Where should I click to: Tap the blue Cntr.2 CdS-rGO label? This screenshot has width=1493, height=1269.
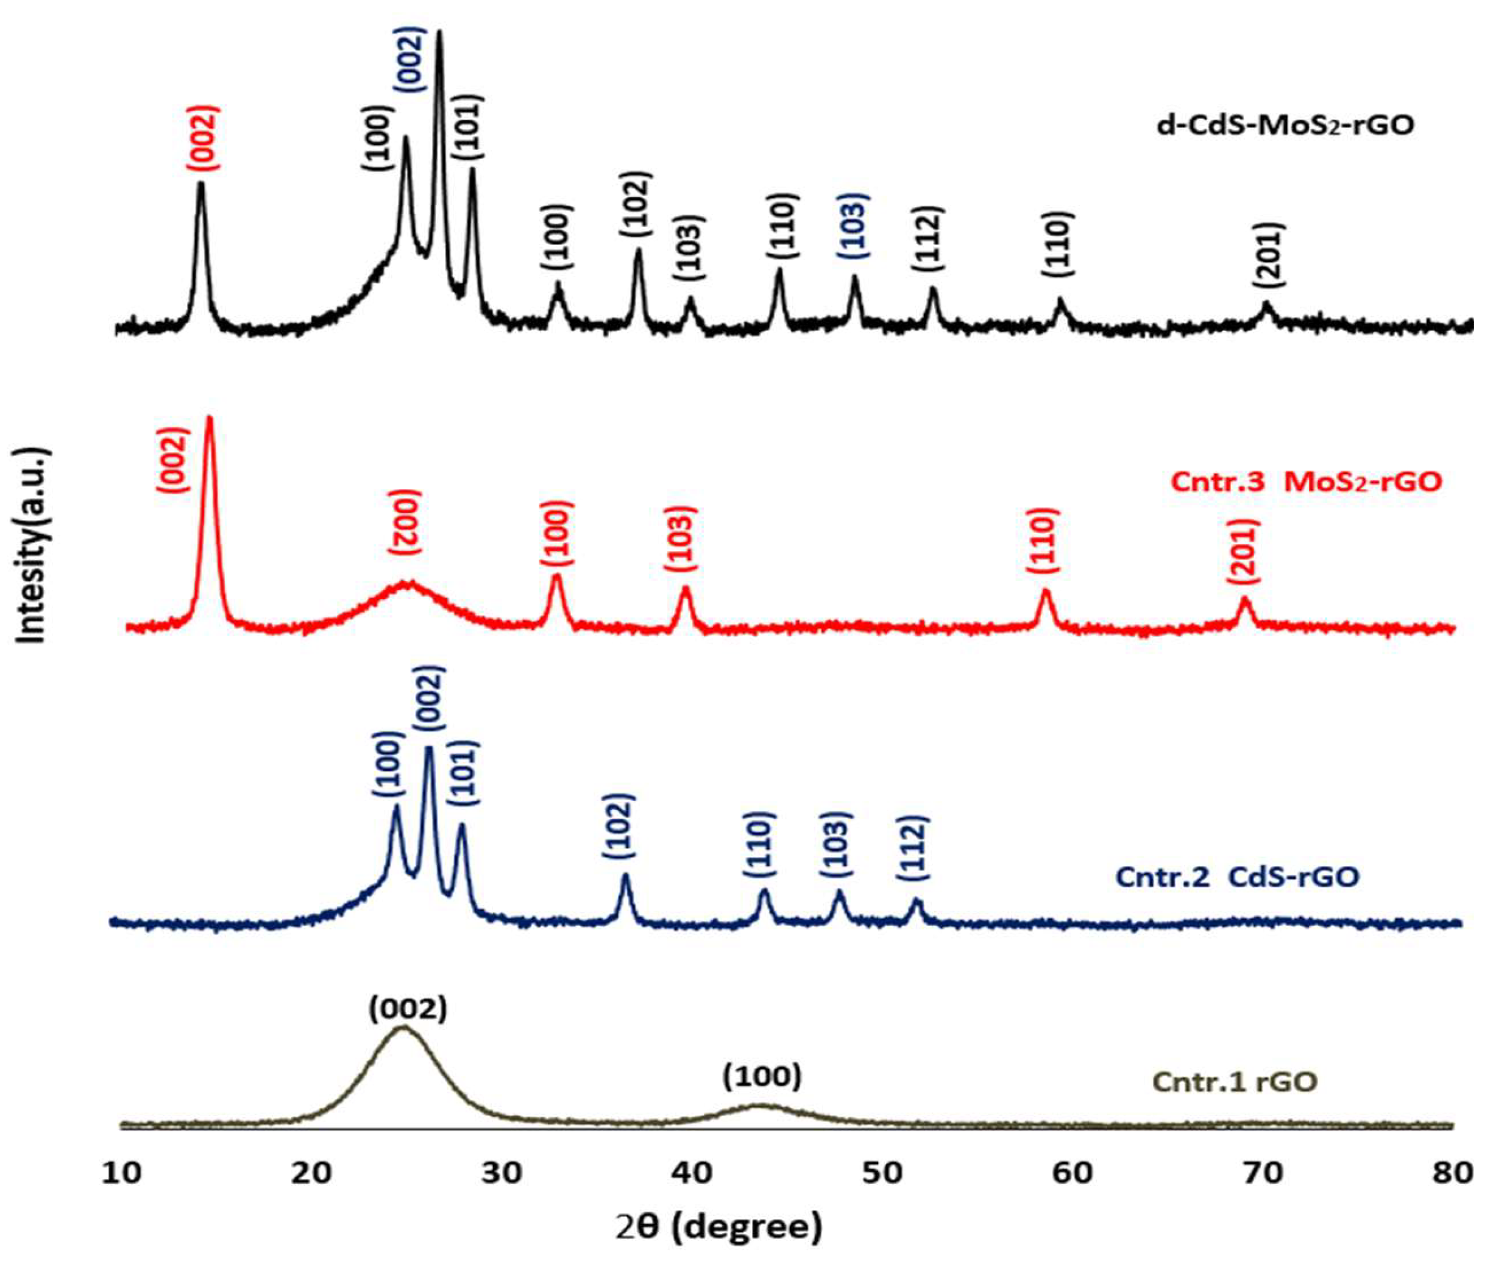coord(1236,877)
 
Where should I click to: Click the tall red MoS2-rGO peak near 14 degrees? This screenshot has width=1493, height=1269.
coord(210,419)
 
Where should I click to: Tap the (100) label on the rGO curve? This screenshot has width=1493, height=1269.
coord(762,1077)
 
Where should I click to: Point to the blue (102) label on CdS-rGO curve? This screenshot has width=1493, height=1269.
coord(619,826)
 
